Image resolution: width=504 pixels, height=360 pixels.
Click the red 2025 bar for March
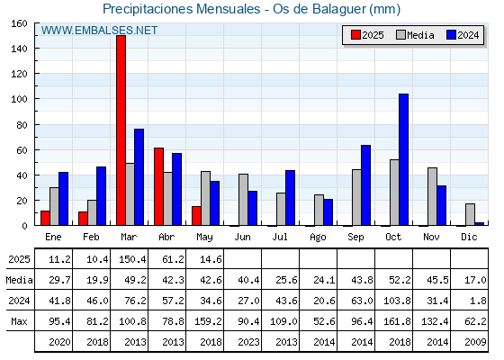pos(121,130)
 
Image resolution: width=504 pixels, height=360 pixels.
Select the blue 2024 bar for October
pos(404,159)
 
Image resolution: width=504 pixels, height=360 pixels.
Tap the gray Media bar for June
pos(243,200)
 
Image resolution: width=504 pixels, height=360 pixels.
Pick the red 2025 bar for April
pos(158,186)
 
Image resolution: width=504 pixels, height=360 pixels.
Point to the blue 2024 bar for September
pos(365,185)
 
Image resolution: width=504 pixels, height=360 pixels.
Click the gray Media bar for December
pos(470,214)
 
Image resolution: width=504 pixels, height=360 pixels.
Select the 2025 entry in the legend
pos(367,35)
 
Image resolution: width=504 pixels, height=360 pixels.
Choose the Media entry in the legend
pos(415,35)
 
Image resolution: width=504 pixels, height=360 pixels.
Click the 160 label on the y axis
pos(19,23)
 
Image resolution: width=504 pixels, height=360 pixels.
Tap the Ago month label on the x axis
pos(318,238)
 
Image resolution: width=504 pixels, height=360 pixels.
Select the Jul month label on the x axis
pos(280,237)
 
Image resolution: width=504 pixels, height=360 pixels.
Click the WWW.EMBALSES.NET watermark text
pos(99,31)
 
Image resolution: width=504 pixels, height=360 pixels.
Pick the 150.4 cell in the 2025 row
pos(132,259)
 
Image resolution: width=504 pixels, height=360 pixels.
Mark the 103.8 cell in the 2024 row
pos(397,301)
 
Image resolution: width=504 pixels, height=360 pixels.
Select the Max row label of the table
pos(19,321)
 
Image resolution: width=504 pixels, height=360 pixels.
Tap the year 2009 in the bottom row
pos(475,342)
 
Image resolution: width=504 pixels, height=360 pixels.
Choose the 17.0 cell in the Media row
pos(475,280)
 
